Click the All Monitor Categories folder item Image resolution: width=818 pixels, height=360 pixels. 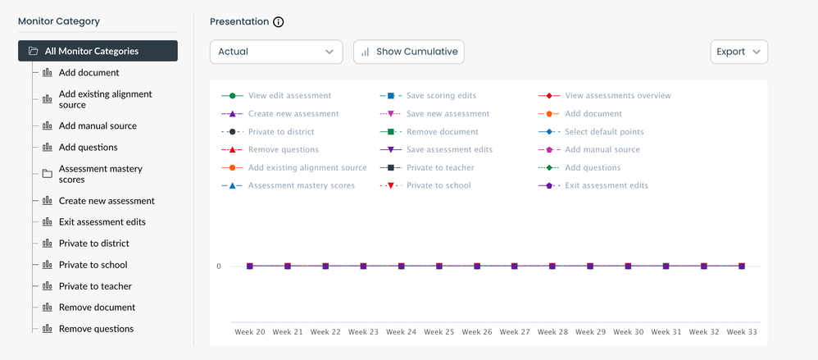coord(98,51)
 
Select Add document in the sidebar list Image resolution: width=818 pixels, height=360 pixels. coord(89,73)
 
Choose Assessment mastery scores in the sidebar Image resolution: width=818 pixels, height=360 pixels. coord(100,174)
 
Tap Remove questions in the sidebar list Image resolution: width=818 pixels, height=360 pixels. coord(96,329)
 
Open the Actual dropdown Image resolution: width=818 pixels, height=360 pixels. coord(276,52)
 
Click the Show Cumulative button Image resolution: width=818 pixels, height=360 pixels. coord(409,52)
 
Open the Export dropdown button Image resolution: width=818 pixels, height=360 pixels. coord(738,52)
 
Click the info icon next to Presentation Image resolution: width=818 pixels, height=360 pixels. coord(278,22)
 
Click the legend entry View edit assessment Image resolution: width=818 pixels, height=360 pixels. coord(289,96)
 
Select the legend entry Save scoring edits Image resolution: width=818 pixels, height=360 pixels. coord(441,96)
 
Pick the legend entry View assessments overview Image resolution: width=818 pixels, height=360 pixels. coord(617,96)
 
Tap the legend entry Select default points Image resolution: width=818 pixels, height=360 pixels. coord(604,132)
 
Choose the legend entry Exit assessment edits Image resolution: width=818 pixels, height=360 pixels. coord(607,186)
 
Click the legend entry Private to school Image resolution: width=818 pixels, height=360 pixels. coord(439,186)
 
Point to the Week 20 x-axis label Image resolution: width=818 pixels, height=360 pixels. coord(249,332)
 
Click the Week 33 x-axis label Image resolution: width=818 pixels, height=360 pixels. coord(742,332)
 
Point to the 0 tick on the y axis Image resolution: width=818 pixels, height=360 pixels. coord(219,267)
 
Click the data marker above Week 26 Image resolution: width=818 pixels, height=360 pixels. coord(476,267)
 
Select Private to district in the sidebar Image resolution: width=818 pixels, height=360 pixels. coord(93,244)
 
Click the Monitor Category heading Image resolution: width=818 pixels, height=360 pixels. coord(59,22)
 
